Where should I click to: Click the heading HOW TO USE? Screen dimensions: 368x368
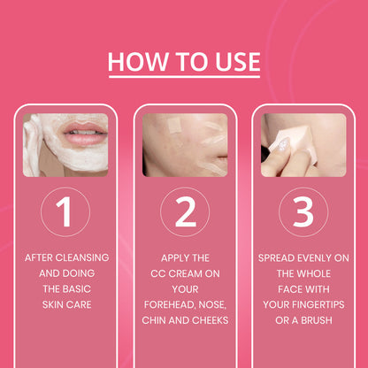click(184, 62)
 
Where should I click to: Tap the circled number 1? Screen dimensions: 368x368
click(64, 212)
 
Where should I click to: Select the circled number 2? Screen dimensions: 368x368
click(184, 212)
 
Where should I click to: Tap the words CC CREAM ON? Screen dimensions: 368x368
click(184, 273)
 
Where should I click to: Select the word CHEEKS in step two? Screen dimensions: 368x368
click(208, 319)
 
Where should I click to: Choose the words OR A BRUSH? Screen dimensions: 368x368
click(303, 319)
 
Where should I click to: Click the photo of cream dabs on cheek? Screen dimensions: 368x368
click(184, 145)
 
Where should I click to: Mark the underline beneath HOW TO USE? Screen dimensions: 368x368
click(184, 76)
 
